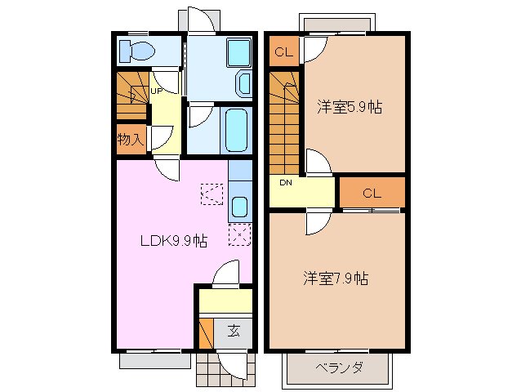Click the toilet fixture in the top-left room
click(x=136, y=51)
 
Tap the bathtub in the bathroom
click(x=236, y=128)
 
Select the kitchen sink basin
click(x=239, y=206)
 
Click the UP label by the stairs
click(x=154, y=91)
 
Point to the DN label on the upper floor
click(x=286, y=182)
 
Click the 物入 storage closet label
click(x=130, y=140)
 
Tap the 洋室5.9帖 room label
click(x=350, y=106)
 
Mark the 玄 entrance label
click(x=234, y=331)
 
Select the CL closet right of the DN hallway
click(x=372, y=194)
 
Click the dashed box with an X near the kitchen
click(x=239, y=235)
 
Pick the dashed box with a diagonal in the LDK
click(x=212, y=194)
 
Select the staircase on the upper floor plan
click(x=285, y=122)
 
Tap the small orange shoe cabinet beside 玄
click(x=205, y=333)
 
